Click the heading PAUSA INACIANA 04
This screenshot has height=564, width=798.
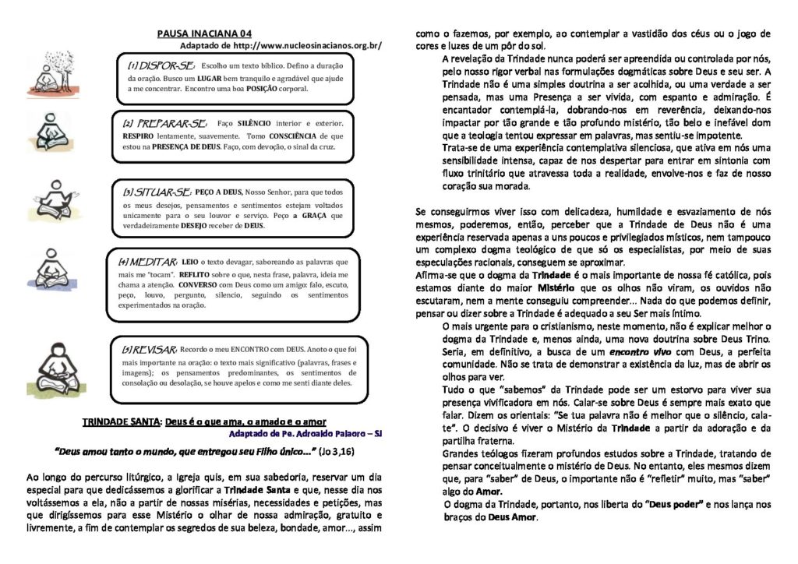(204, 33)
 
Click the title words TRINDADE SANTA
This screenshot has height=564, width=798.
(121, 421)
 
